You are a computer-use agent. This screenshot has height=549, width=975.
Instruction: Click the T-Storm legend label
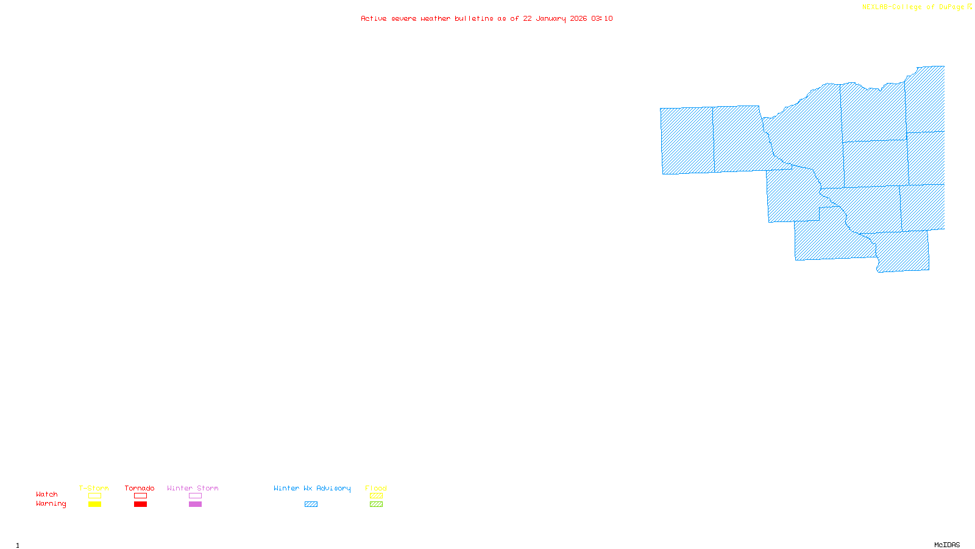94,488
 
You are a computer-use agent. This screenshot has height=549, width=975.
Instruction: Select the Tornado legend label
140,488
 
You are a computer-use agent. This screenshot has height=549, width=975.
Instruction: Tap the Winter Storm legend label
193,488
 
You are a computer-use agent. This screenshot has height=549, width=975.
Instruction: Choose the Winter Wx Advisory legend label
312,488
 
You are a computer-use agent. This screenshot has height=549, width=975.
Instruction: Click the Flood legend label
376,488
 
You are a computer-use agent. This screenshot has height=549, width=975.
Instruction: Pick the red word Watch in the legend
47,494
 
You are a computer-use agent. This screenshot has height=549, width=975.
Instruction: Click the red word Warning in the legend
51,504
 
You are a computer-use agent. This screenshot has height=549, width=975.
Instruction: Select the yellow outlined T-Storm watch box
94,496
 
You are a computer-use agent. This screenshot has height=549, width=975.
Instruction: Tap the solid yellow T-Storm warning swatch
94,504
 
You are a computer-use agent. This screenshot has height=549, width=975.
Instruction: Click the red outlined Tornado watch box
140,496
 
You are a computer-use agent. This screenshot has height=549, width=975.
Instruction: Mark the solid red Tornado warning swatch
140,504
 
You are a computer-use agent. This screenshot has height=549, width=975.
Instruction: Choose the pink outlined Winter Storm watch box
195,496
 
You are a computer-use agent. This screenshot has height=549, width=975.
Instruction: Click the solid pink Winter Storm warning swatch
195,504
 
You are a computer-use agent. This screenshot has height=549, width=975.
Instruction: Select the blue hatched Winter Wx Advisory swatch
311,504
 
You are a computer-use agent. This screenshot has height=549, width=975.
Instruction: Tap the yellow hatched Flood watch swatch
376,496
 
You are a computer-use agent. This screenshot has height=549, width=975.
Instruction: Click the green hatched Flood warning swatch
376,504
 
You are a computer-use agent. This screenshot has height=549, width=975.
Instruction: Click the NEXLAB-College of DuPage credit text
913,7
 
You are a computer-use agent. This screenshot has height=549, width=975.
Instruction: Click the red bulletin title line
487,18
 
